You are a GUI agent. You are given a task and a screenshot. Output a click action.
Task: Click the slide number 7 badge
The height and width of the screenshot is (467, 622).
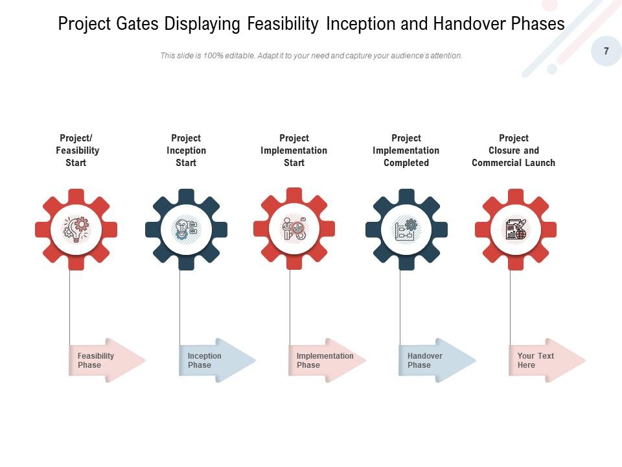(x=606, y=51)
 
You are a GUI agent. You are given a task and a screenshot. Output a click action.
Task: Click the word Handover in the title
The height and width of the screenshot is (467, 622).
(x=465, y=24)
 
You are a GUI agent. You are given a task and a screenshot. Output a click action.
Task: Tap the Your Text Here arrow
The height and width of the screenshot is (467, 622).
(x=545, y=360)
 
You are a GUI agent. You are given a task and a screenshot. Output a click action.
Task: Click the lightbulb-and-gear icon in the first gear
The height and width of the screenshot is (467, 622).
(x=76, y=229)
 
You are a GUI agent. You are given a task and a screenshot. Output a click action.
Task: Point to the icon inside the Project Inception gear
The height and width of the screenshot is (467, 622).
(x=186, y=229)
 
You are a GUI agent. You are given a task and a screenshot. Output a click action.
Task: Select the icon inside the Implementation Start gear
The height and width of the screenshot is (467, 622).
(x=294, y=229)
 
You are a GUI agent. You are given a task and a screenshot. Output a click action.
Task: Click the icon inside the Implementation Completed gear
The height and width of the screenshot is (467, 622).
(x=406, y=229)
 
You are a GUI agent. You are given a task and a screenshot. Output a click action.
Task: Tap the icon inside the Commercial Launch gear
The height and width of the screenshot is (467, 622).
(x=516, y=229)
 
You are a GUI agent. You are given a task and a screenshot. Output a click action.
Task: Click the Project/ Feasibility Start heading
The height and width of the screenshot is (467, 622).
(x=76, y=150)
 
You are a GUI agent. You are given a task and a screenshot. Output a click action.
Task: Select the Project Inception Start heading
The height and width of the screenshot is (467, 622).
(x=186, y=150)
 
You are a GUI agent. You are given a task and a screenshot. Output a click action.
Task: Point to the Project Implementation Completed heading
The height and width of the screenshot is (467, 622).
(x=406, y=150)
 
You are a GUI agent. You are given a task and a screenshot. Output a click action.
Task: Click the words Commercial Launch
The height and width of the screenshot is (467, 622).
(x=513, y=163)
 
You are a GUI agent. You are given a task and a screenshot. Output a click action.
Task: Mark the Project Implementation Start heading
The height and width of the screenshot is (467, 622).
(x=294, y=150)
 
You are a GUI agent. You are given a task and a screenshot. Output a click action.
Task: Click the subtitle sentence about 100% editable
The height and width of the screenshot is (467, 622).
(x=311, y=56)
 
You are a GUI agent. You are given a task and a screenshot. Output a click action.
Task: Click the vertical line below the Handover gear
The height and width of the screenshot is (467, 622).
(x=400, y=305)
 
